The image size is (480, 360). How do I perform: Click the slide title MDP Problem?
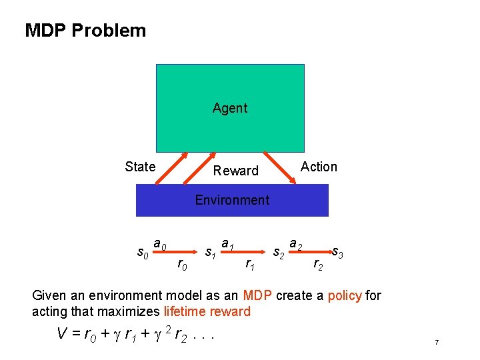(x=85, y=31)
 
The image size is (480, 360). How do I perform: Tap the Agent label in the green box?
(x=230, y=108)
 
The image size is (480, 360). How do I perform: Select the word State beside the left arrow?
(x=140, y=167)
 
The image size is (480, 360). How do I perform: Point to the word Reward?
(x=235, y=171)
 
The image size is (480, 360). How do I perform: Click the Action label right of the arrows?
(x=319, y=167)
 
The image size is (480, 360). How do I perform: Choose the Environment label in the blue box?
(x=232, y=200)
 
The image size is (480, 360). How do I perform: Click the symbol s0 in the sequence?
(x=142, y=253)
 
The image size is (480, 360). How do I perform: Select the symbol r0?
(x=181, y=265)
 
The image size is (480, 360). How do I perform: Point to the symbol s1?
(x=210, y=253)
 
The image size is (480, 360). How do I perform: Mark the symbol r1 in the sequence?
(x=249, y=265)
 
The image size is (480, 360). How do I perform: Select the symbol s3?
(x=338, y=253)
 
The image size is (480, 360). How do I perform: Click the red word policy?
(x=345, y=295)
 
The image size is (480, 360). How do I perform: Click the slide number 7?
(x=436, y=342)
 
